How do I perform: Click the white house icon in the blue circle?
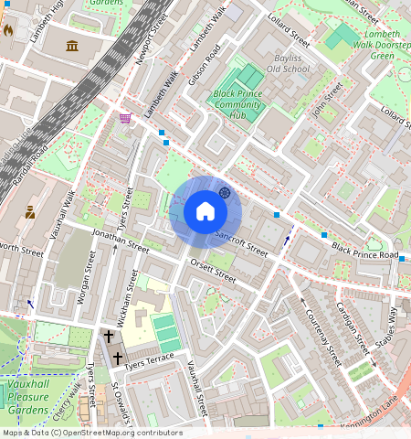(205, 212)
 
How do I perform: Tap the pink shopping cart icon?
(125, 118)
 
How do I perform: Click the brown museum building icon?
(72, 45)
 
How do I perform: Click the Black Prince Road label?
(365, 252)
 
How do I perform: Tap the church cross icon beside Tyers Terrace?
(109, 336)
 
